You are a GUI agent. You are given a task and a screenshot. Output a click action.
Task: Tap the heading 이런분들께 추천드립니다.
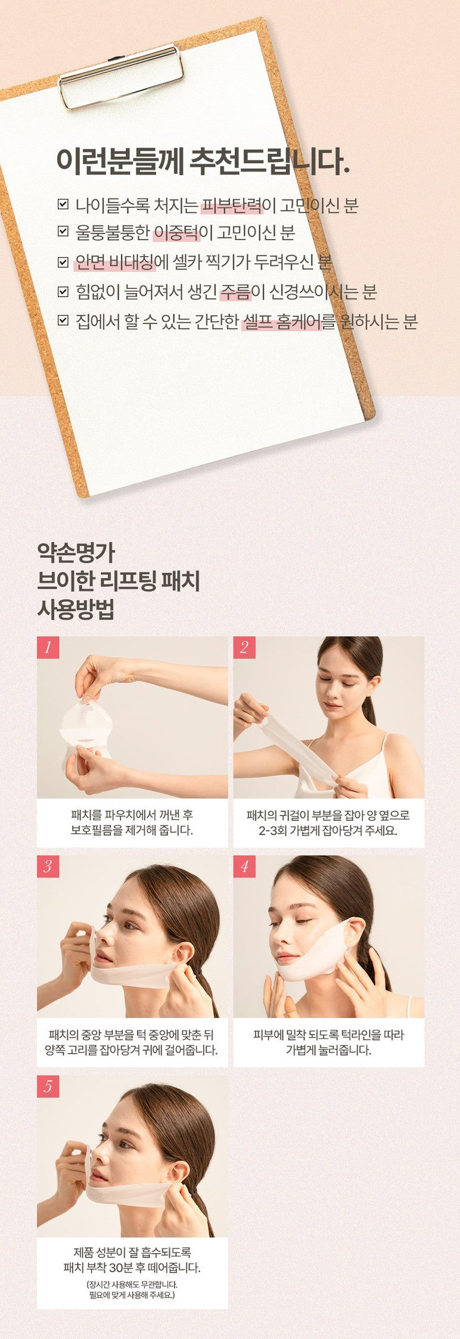(x=203, y=161)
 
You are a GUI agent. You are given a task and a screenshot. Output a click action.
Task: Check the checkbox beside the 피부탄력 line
(x=63, y=205)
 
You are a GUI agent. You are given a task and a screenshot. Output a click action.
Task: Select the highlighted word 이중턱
(x=176, y=233)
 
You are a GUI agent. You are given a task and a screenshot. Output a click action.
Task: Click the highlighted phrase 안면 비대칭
(x=114, y=262)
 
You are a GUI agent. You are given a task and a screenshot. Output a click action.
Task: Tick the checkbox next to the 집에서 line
(x=63, y=321)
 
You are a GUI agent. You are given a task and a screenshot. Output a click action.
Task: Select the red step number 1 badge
(x=48, y=647)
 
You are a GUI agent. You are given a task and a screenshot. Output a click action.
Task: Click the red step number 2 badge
(x=244, y=647)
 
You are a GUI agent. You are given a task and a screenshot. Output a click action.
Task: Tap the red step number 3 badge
(x=48, y=867)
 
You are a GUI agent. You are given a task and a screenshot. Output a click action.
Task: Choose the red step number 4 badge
(x=244, y=867)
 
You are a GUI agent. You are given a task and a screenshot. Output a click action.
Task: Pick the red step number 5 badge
(x=48, y=1086)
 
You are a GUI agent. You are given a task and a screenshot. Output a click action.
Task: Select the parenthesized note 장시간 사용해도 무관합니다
(x=132, y=1285)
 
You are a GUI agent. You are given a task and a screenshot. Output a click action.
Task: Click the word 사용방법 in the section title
(x=76, y=609)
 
